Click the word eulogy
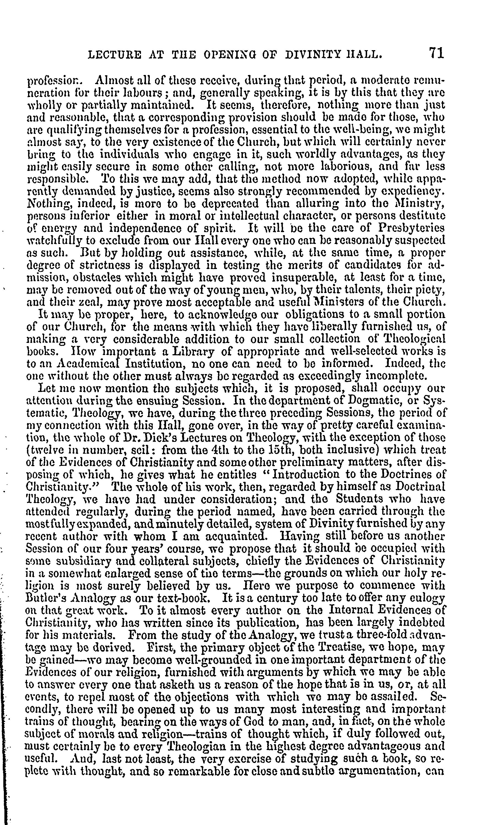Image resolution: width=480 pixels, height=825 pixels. click(x=428, y=598)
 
